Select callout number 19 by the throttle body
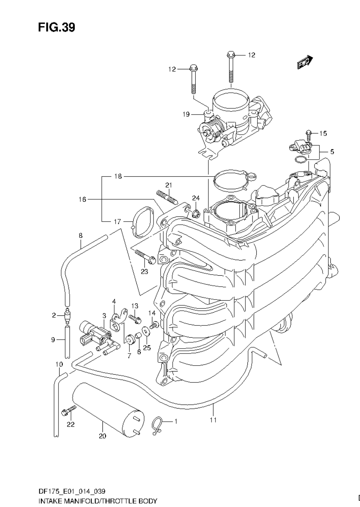point(186,114)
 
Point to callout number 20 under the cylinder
point(102,436)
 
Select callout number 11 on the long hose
point(213,420)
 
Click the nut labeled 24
point(196,213)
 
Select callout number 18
point(118,176)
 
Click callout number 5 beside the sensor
point(332,151)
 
